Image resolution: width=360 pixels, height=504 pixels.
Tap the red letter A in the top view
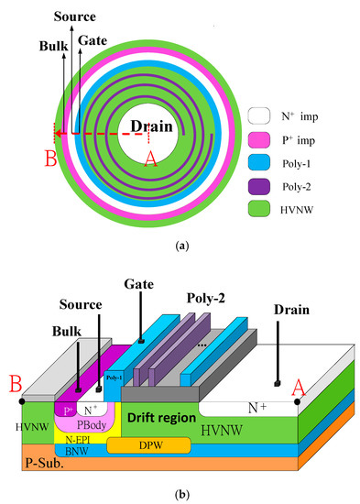click(x=150, y=159)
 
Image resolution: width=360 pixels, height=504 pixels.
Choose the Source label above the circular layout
click(x=75, y=16)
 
